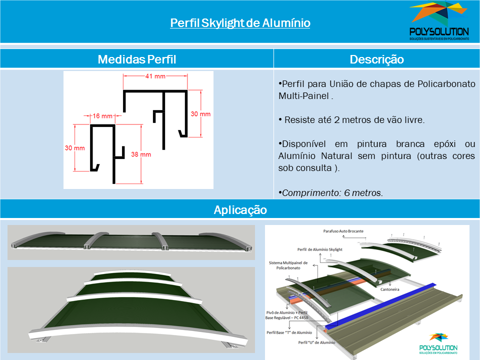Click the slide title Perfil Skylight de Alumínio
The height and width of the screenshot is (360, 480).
240,23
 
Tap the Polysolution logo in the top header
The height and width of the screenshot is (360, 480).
439,21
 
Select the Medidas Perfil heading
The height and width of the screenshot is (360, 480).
137,59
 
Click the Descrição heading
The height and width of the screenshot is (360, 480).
377,59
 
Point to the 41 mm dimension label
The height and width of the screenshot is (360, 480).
155,76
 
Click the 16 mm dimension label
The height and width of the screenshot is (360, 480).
102,116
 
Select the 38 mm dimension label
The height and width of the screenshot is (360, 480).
141,154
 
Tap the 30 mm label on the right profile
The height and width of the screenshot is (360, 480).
200,114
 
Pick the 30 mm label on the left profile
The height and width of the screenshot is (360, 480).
74,148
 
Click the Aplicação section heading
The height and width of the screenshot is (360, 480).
240,210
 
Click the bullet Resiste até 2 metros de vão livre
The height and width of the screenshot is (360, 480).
351,119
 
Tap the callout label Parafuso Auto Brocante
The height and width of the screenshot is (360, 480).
343,231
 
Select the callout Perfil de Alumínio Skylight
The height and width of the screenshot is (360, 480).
320,249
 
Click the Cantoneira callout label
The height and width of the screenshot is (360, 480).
389,289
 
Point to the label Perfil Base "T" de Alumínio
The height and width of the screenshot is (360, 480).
289,332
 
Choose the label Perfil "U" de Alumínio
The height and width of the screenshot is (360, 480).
317,342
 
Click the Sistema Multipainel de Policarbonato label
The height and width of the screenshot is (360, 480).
288,265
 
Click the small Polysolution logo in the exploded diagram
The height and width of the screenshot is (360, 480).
438,343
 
